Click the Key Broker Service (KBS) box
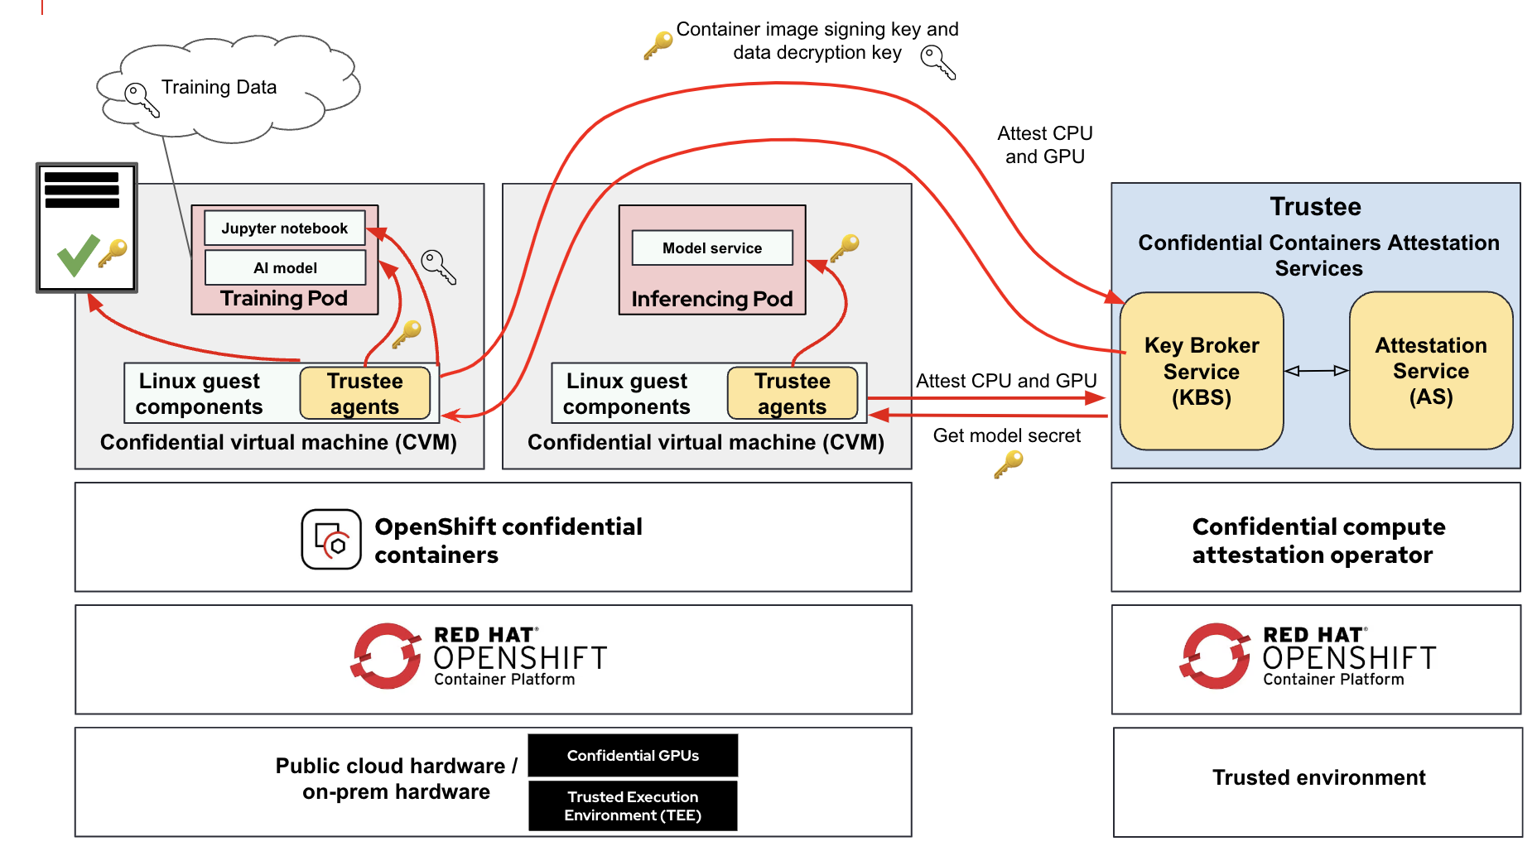click(x=1201, y=371)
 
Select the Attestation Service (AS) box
click(x=1430, y=370)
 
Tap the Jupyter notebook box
click(x=284, y=228)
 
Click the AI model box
click(x=285, y=267)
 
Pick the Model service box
click(x=711, y=248)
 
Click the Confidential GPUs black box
click(x=633, y=755)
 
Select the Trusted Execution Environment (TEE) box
click(x=633, y=805)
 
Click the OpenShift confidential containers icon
click(x=331, y=540)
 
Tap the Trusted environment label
click(x=1318, y=777)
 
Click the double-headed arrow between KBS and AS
click(x=1316, y=371)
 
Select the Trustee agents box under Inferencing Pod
click(x=792, y=393)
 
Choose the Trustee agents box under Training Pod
click(x=364, y=393)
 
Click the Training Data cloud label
click(x=219, y=87)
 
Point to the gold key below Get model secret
click(x=1008, y=464)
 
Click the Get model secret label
click(x=1006, y=435)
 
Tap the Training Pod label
click(x=284, y=298)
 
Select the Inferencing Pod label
click(x=711, y=299)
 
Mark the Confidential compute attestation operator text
click(x=1318, y=541)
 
